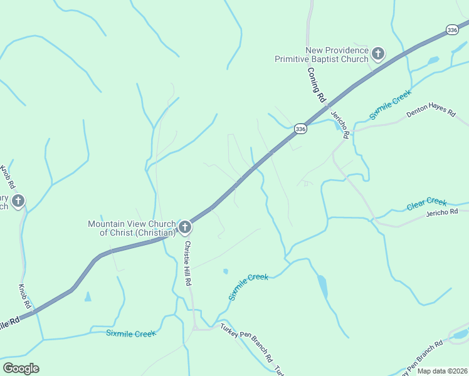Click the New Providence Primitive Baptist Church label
coord(322,55)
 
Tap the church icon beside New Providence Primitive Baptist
coord(378,54)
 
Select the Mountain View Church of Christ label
coord(131,228)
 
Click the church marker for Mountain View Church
coord(184,227)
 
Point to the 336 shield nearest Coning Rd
coord(301,128)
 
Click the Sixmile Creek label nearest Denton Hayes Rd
coord(389,105)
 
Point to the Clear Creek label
coord(426,203)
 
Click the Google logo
coord(21,368)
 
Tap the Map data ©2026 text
coord(442,371)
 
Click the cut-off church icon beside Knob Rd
coord(18,201)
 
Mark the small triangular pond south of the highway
coord(88,296)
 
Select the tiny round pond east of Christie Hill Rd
coord(225,272)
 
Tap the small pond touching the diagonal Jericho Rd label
coord(345,133)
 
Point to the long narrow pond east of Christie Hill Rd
coord(323,286)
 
